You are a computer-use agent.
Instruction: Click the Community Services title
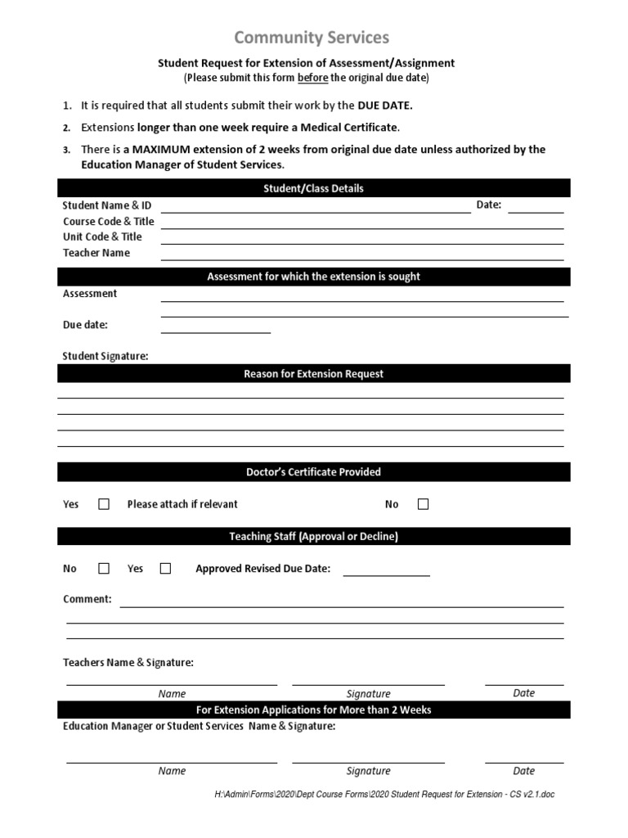coord(312,37)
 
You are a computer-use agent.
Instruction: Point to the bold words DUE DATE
coord(385,106)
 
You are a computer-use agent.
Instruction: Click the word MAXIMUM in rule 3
coord(168,150)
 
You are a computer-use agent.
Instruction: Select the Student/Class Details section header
coord(313,188)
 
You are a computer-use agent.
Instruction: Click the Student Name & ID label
coord(107,205)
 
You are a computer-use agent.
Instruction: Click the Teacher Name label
coord(96,253)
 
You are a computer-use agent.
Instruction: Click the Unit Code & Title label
coord(102,237)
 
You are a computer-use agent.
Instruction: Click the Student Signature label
coord(105,356)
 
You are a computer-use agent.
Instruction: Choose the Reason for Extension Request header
coord(313,374)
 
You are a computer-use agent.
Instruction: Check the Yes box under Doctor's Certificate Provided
coord(104,504)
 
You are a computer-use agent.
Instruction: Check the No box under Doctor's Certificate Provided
coord(423,504)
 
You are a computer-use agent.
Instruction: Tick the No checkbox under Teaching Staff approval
coord(104,568)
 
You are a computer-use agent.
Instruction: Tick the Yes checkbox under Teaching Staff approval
coord(165,568)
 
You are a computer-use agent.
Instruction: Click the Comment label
coord(87,599)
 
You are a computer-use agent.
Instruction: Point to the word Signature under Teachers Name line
coord(368,693)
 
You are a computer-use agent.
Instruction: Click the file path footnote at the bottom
coord(384,795)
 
